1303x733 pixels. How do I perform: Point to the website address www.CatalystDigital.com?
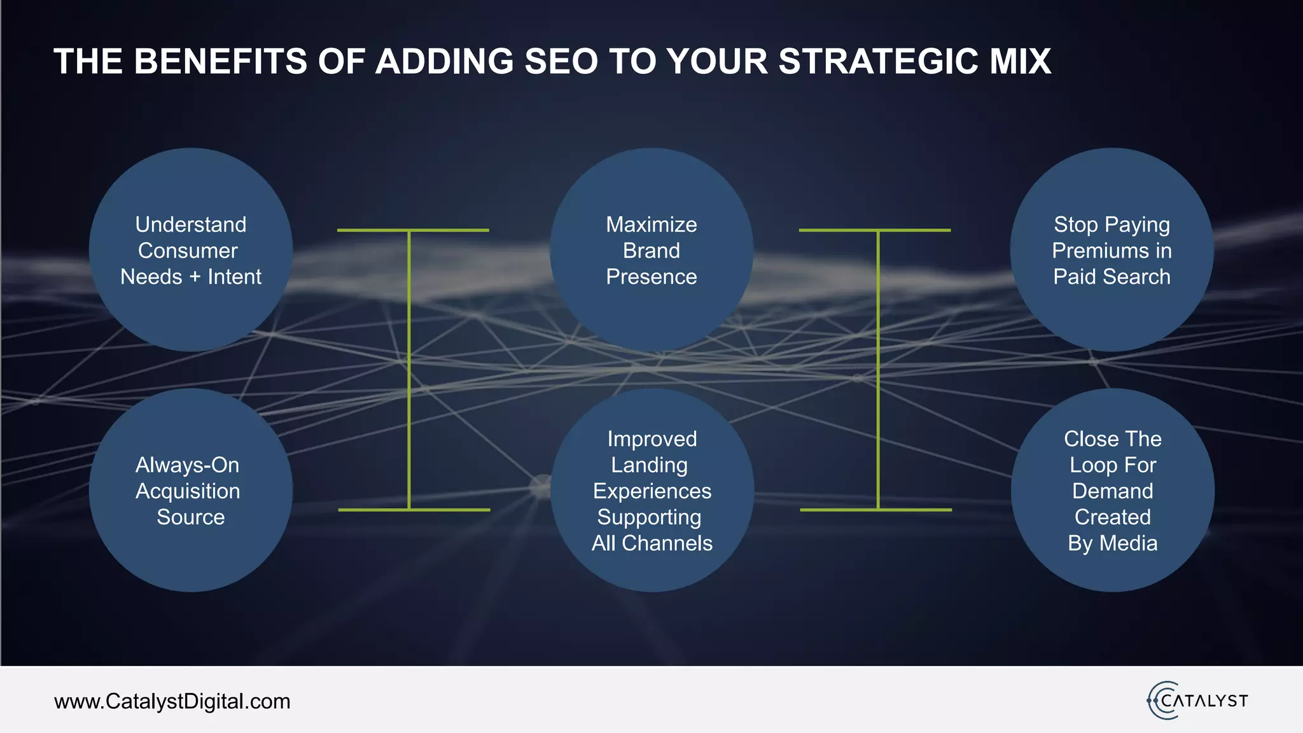click(172, 701)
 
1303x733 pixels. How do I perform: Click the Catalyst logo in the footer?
click(1197, 701)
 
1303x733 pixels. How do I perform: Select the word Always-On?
click(187, 465)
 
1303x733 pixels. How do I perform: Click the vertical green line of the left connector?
click(408, 369)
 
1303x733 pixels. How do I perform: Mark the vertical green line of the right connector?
click(878, 369)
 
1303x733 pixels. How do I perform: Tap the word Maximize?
click(651, 225)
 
